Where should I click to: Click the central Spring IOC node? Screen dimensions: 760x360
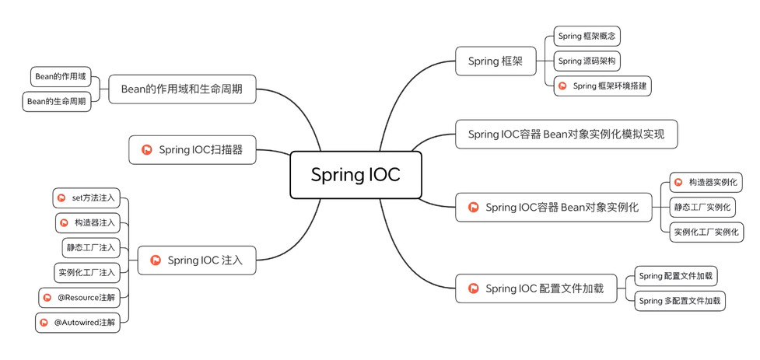pyautogui.click(x=355, y=175)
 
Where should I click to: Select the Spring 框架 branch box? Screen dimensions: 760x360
pyautogui.click(x=496, y=61)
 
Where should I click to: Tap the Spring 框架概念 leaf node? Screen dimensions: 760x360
pyautogui.click(x=587, y=37)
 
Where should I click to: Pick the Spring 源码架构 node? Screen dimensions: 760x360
pyautogui.click(x=587, y=61)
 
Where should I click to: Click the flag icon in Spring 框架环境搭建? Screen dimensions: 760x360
pyautogui.click(x=562, y=86)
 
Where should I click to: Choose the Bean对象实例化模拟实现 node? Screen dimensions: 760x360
pyautogui.click(x=566, y=135)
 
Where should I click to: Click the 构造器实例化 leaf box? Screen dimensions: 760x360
pyautogui.click(x=706, y=182)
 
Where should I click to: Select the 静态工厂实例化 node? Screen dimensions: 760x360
pyautogui.click(x=702, y=208)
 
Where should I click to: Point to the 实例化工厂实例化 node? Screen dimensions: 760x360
pyautogui.click(x=706, y=232)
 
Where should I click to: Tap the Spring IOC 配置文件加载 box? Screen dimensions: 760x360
pyautogui.click(x=536, y=288)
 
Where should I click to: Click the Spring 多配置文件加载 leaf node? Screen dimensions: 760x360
pyautogui.click(x=680, y=301)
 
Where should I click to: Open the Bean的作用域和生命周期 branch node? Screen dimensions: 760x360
pyautogui.click(x=182, y=89)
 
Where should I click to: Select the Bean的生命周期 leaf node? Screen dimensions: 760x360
pyautogui.click(x=57, y=102)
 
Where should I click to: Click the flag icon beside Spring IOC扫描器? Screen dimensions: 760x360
pyautogui.click(x=147, y=150)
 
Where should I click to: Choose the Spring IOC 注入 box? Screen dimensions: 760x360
pyautogui.click(x=197, y=260)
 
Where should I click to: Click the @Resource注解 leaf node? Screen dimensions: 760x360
pyautogui.click(x=79, y=298)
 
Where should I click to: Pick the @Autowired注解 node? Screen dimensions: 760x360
pyautogui.click(x=78, y=323)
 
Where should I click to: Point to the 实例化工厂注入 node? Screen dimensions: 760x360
pyautogui.click(x=87, y=273)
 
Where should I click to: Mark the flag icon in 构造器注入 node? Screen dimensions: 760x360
pyautogui.click(x=64, y=223)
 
